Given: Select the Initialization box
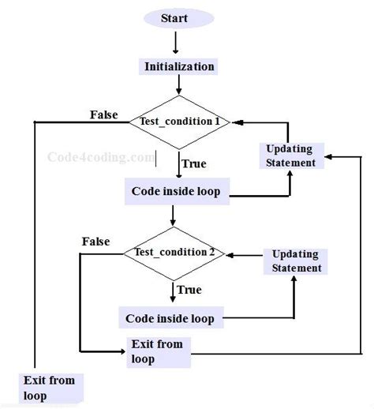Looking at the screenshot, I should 179,66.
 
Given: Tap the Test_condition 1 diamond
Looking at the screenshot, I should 180,122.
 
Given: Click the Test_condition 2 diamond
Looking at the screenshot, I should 174,253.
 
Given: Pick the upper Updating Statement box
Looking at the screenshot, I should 289,156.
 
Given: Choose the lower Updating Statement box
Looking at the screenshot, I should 297,261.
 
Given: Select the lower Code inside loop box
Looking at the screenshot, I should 170,318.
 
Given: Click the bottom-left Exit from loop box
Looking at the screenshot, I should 50,388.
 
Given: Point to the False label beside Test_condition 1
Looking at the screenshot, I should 103,114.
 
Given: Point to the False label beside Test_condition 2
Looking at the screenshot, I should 95,241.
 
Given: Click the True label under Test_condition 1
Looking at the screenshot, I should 194,163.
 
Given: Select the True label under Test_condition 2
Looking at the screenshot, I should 189,290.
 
